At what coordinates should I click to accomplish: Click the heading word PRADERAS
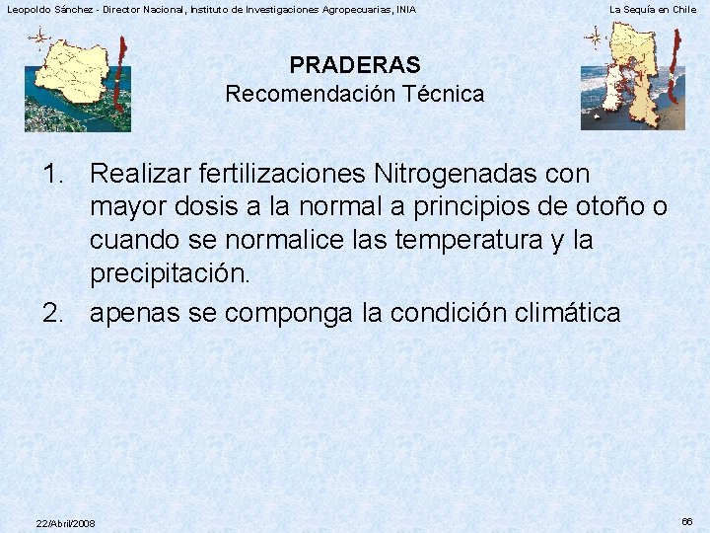click(355, 65)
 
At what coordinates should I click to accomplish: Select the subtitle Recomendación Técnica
click(355, 95)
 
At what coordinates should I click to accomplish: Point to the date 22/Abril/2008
click(65, 523)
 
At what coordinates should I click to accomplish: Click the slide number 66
click(687, 520)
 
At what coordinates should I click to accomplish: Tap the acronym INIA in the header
click(405, 9)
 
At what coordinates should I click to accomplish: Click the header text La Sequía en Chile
click(653, 9)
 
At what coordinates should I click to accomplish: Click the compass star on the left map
click(39, 39)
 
